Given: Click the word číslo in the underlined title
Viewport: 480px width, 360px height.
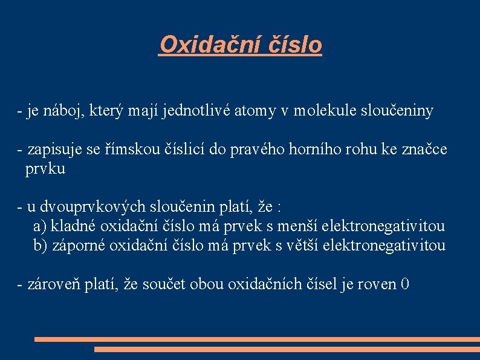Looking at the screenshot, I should tap(294, 45).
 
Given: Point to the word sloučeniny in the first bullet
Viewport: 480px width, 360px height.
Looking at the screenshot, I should tap(398, 111).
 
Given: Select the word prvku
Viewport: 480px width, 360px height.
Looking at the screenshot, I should tap(45, 169).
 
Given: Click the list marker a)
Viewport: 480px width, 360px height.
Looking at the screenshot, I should tap(40, 227).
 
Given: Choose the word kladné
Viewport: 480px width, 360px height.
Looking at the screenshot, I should tap(73, 227).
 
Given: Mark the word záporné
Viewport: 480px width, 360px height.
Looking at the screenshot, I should tap(77, 246).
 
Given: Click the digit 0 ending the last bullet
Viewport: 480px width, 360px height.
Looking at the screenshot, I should tap(405, 284).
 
